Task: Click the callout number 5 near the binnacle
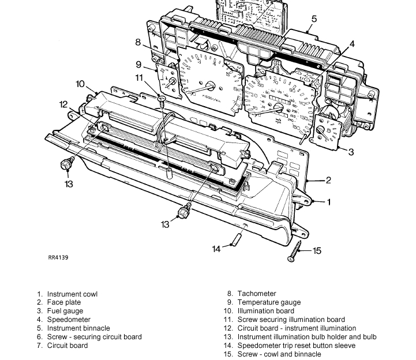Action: pos(313,19)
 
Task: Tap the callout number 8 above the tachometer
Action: pos(138,42)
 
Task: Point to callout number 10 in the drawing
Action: pos(80,84)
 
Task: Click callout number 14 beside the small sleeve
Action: pos(216,249)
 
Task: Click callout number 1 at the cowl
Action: pos(329,202)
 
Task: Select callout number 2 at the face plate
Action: pos(328,181)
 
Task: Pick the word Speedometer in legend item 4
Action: pos(69,320)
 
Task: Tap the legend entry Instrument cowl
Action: pos(72,294)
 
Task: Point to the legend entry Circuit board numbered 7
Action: pos(68,346)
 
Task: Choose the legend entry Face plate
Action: pos(64,302)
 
